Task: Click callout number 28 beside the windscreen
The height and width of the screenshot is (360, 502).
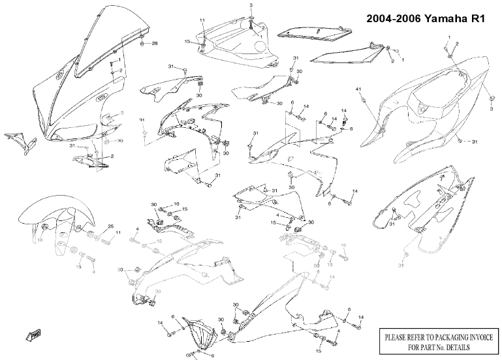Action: pyautogui.click(x=155, y=44)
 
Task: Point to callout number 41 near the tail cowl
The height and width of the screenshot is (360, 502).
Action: pyautogui.click(x=358, y=89)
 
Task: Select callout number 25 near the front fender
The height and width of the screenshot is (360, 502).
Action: pyautogui.click(x=110, y=226)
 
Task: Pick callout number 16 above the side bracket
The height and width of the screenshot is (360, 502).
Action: pyautogui.click(x=176, y=204)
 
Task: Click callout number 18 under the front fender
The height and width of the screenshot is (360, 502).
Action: pyautogui.click(x=40, y=241)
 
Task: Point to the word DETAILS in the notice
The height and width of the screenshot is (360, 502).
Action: pyautogui.click(x=465, y=348)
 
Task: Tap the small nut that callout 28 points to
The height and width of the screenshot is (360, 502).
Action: pyautogui.click(x=142, y=44)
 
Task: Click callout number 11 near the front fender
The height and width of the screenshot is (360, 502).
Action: pyautogui.click(x=118, y=232)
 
